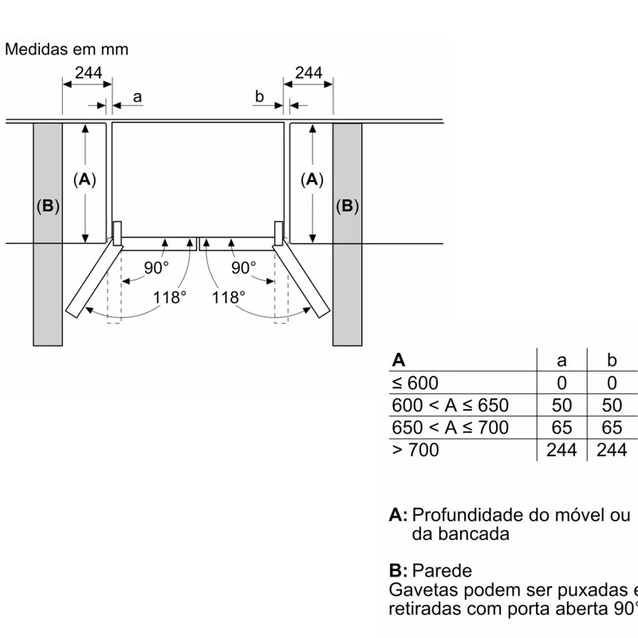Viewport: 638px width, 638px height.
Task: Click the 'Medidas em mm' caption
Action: click(x=66, y=49)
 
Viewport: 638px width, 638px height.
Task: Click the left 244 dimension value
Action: click(x=88, y=73)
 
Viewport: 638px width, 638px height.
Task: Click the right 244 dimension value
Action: click(x=309, y=73)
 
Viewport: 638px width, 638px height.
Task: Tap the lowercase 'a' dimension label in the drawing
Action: click(x=137, y=97)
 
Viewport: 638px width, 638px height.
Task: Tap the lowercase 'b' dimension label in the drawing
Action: click(x=259, y=97)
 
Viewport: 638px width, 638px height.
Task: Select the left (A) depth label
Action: click(x=84, y=180)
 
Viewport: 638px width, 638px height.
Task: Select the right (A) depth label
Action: click(x=313, y=180)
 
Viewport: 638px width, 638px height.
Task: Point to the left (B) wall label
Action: click(x=48, y=207)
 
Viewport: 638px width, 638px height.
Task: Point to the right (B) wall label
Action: click(x=347, y=207)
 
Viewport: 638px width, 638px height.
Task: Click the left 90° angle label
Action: click(x=156, y=268)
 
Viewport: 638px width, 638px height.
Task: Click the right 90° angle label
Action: click(x=243, y=268)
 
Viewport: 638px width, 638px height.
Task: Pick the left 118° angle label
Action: click(x=170, y=297)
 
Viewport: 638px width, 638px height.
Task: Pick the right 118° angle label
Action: click(x=228, y=297)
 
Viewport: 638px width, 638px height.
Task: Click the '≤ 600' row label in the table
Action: click(x=415, y=383)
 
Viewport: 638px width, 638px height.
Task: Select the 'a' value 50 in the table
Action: click(x=561, y=405)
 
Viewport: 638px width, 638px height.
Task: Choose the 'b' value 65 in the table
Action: click(x=612, y=427)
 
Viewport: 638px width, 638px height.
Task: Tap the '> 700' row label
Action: click(x=415, y=450)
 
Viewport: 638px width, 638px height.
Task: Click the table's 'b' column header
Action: click(x=612, y=360)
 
